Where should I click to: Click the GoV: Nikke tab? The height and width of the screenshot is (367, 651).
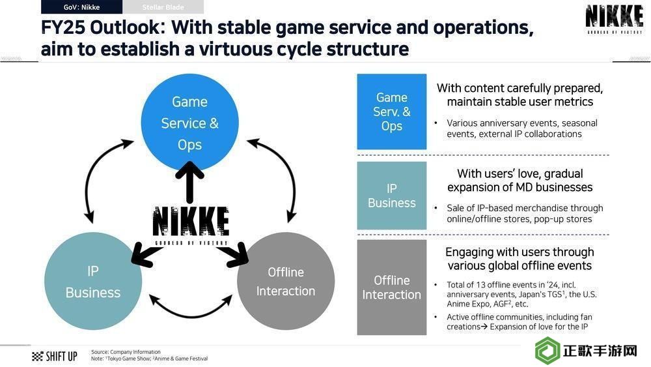(81, 7)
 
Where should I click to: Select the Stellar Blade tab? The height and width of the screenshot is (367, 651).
(163, 7)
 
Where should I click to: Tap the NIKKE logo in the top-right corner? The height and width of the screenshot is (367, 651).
(614, 19)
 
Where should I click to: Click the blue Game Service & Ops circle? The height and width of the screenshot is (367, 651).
(189, 123)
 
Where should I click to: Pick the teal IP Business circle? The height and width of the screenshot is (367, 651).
(93, 281)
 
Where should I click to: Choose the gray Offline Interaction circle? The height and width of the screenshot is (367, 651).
(286, 281)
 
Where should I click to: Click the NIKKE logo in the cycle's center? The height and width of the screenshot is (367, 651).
(191, 225)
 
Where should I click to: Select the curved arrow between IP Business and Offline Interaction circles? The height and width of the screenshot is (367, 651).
(191, 316)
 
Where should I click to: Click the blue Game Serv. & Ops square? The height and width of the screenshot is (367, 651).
(391, 111)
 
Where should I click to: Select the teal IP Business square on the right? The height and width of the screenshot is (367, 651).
(391, 196)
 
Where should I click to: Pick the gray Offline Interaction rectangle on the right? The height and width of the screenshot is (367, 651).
(391, 287)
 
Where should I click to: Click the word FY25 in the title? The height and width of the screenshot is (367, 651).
(63, 28)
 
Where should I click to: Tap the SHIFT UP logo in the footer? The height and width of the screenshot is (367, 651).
(55, 356)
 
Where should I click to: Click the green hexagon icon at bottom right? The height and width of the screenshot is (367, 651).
(547, 350)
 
